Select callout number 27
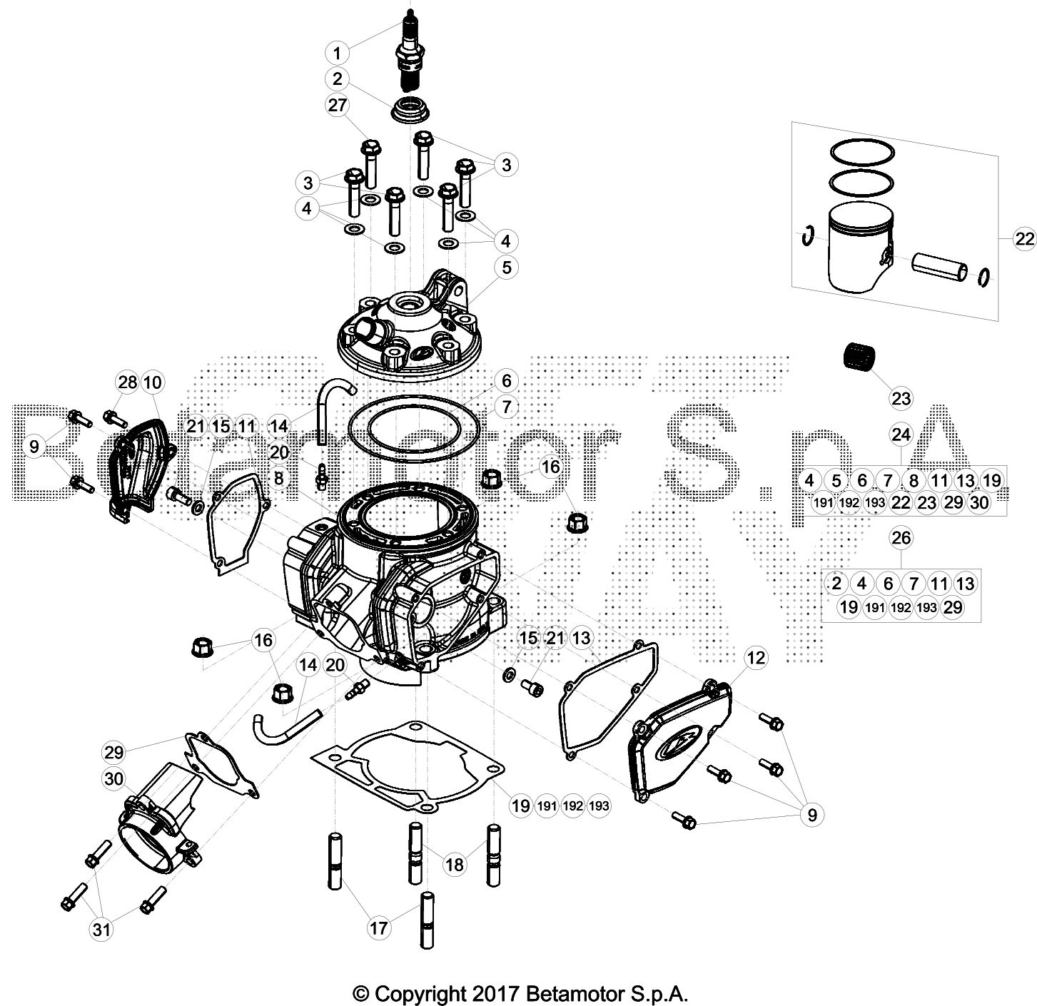tap(337, 106)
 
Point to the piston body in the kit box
tap(855, 246)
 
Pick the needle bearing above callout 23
tap(859, 355)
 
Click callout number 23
tap(901, 397)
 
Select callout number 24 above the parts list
tap(901, 435)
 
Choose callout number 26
tap(901, 537)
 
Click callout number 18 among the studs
tap(453, 865)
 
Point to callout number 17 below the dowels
tap(379, 928)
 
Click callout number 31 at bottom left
tap(102, 930)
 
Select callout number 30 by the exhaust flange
tap(114, 778)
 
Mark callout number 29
tap(114, 751)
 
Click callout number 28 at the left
tap(127, 382)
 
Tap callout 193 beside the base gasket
tap(600, 806)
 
